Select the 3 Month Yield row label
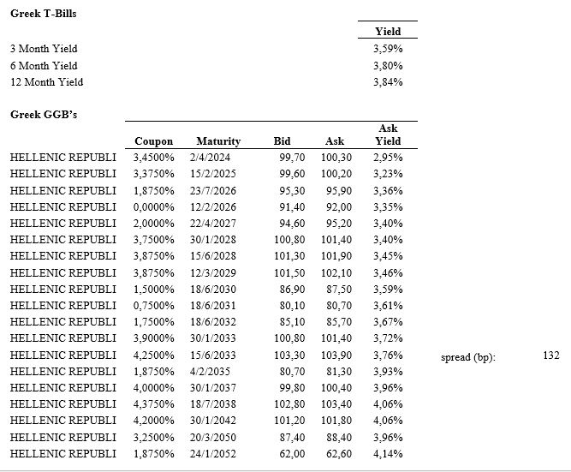pos(44,49)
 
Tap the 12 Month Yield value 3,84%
pos(388,82)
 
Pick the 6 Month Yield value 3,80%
pos(388,66)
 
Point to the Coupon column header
pos(153,141)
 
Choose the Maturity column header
pos(217,141)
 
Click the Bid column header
pos(282,141)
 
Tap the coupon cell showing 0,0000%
pos(153,206)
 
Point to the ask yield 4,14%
pos(388,453)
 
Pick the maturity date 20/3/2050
pos(218,437)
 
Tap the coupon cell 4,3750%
pos(153,403)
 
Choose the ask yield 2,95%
pos(388,158)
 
